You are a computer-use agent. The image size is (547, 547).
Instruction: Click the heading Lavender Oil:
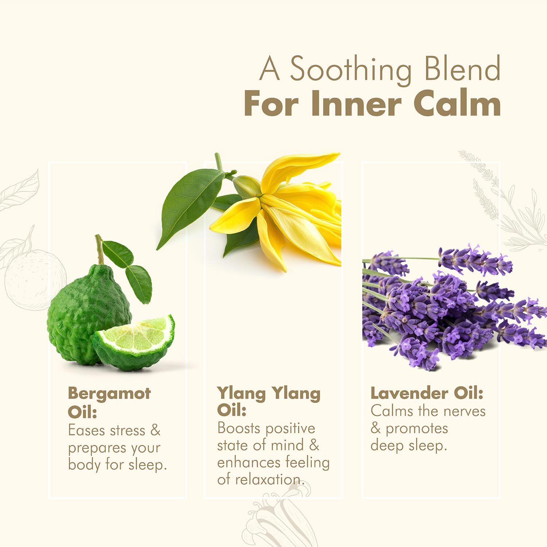(427, 393)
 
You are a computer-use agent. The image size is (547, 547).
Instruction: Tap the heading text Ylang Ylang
(269, 394)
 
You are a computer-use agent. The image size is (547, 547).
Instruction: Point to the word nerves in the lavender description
(464, 411)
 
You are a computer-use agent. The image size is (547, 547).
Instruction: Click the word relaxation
(270, 480)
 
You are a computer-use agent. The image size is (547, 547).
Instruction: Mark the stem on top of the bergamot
(99, 249)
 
